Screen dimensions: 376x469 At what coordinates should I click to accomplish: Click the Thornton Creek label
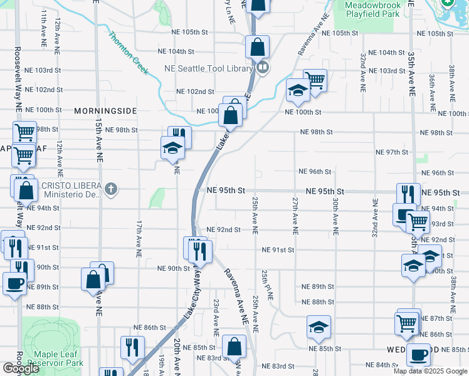(129, 54)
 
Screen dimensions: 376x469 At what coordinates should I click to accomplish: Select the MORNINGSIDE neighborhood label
(105, 111)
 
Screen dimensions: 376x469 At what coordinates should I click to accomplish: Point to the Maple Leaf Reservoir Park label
(53, 358)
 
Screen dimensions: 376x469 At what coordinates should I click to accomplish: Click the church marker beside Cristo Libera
(111, 190)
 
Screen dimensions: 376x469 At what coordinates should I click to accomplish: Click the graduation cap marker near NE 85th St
(319, 326)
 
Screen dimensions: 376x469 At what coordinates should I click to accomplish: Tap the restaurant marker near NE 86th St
(132, 347)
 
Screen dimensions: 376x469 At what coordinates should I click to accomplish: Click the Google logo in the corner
(21, 368)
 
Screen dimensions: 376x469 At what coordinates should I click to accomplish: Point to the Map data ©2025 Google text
(429, 371)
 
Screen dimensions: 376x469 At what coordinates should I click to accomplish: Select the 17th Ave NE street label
(138, 239)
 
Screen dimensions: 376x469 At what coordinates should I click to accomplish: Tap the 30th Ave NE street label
(335, 216)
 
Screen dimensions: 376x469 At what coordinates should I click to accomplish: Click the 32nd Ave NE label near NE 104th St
(363, 73)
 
